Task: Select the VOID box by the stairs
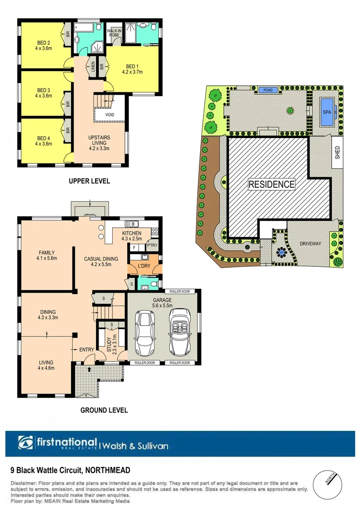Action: tap(110, 114)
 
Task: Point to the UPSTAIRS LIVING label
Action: tap(99, 142)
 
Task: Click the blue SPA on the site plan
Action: tap(326, 112)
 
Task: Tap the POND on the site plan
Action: tap(268, 90)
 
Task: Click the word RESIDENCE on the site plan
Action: tap(271, 184)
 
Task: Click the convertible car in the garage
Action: tap(179, 332)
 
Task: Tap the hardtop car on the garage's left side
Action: tap(144, 332)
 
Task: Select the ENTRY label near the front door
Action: tap(87, 349)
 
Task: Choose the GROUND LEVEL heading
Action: tap(104, 410)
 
